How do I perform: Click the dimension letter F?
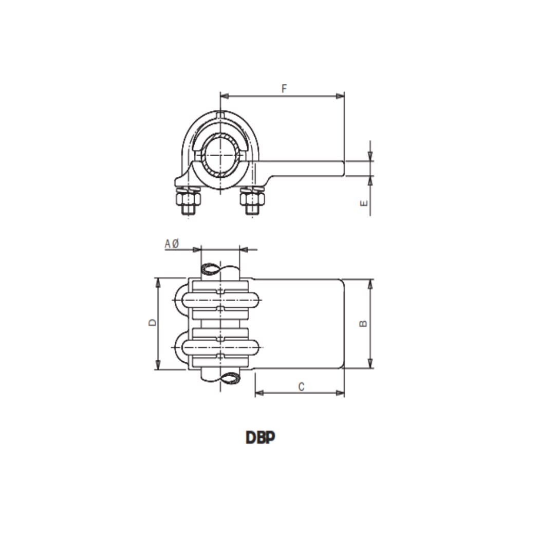point(284,88)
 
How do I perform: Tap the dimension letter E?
point(364,203)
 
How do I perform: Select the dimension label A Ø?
point(172,244)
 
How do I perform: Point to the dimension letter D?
point(152,323)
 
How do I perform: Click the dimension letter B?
point(363,323)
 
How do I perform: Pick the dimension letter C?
point(302,386)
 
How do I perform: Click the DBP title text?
point(260,438)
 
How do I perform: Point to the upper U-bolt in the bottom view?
point(221,299)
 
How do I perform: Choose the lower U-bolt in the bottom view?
point(221,348)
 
